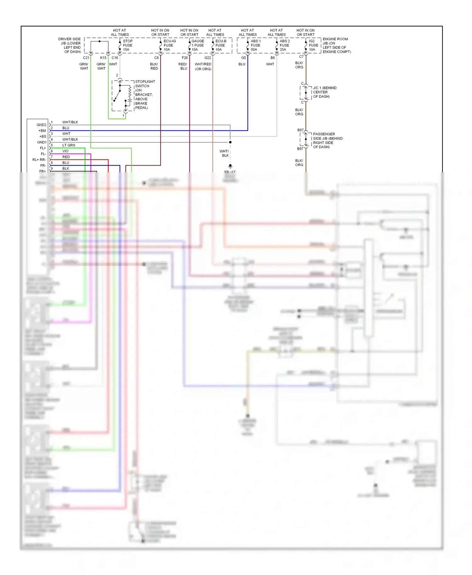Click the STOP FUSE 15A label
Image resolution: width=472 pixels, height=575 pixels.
[127, 45]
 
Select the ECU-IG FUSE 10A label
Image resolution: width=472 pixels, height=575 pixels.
[169, 45]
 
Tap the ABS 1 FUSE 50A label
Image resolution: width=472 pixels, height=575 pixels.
[256, 45]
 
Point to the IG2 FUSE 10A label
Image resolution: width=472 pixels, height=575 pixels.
[313, 45]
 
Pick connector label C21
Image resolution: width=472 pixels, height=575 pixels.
[86, 58]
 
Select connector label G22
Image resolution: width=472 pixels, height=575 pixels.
[208, 58]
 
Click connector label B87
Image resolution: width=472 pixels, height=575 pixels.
[301, 130]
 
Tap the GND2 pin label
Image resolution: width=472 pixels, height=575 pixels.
[41, 125]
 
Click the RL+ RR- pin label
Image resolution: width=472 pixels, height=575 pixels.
[39, 160]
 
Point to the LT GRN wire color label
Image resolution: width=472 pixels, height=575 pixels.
[69, 145]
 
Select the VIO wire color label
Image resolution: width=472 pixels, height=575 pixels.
[65, 151]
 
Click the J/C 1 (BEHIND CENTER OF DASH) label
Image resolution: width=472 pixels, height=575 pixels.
[324, 92]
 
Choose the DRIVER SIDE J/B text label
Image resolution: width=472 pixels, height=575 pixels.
[70, 45]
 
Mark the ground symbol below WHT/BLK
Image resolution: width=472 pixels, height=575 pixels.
[230, 166]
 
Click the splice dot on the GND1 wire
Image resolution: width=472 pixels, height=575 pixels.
[230, 142]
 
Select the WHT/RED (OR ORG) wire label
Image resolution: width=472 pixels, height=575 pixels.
[203, 66]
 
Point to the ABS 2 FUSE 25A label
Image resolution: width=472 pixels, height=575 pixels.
[284, 45]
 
